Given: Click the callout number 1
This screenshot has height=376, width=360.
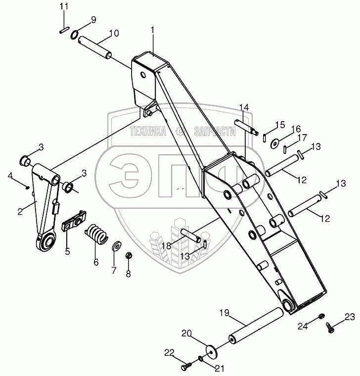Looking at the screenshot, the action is coord(153,30).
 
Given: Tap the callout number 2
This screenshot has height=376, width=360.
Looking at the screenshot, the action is coord(20,212).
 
